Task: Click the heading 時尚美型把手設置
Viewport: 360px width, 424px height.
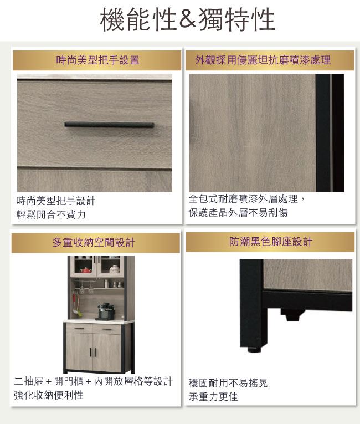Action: (x=97, y=60)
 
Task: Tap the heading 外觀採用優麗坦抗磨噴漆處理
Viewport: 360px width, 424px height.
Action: (x=263, y=60)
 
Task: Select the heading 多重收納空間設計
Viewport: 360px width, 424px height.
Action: (x=94, y=242)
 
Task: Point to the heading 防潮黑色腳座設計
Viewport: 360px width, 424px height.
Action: (x=271, y=242)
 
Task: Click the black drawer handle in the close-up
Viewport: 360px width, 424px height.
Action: (x=109, y=125)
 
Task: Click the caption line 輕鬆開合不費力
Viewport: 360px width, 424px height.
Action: (x=51, y=214)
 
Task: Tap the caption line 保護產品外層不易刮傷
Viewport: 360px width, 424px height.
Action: (x=238, y=212)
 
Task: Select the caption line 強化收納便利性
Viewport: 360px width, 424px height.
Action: (x=49, y=395)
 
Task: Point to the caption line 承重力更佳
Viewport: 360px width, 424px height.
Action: (x=213, y=397)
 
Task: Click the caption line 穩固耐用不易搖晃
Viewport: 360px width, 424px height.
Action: (x=228, y=383)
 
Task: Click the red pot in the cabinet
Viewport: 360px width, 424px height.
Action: (x=86, y=270)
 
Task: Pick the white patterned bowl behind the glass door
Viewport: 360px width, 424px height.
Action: (x=114, y=269)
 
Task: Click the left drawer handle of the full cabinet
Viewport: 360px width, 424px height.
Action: (x=79, y=329)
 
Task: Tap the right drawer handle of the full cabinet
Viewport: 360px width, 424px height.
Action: (x=107, y=329)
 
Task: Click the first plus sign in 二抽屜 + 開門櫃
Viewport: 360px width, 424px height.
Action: (x=49, y=381)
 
